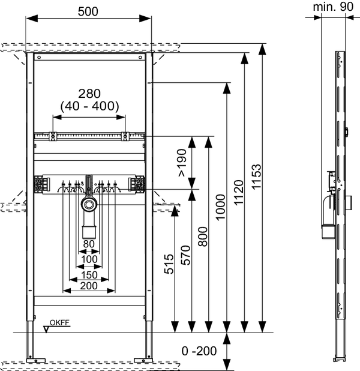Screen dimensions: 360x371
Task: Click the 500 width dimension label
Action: (88, 11)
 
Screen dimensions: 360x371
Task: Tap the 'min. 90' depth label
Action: (333, 7)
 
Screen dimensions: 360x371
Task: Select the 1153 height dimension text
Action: (256, 176)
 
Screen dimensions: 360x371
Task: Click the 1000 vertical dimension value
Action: (220, 207)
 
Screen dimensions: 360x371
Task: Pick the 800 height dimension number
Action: (203, 237)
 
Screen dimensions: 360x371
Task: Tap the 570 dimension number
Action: (185, 255)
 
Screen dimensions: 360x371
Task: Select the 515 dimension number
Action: (169, 264)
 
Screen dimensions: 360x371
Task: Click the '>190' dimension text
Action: (182, 163)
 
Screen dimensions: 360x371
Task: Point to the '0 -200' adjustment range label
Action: (199, 351)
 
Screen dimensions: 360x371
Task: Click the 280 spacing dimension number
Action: (89, 94)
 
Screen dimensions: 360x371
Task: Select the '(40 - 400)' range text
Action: (89, 106)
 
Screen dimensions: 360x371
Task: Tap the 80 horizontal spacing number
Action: (89, 244)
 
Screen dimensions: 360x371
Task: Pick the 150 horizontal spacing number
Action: (89, 275)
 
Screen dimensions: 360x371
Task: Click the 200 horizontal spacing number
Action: (89, 286)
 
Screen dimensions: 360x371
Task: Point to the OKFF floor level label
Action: (59, 322)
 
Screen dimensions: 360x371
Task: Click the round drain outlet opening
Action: (89, 205)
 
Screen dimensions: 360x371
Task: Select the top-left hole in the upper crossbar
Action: (39, 57)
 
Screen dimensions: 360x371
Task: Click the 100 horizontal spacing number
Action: (89, 259)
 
